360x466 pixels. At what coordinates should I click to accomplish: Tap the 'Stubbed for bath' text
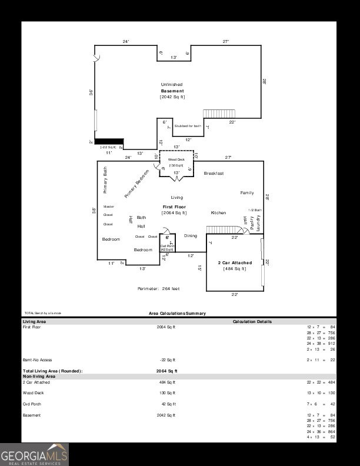click(x=188, y=126)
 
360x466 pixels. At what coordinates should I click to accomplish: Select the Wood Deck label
click(x=176, y=159)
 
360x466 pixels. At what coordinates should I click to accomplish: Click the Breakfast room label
click(x=214, y=174)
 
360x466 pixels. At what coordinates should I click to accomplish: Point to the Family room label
click(x=247, y=193)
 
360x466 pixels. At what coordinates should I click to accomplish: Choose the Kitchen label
click(x=218, y=213)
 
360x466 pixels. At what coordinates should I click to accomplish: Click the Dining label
click(x=191, y=235)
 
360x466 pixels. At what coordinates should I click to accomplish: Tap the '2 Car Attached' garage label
click(x=235, y=263)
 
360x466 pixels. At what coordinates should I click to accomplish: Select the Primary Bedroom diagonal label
click(x=136, y=184)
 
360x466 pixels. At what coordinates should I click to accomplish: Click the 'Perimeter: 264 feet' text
click(x=158, y=289)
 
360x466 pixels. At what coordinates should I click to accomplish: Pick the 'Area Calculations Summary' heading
click(x=177, y=314)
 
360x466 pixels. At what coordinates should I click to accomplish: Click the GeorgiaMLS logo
click(x=34, y=454)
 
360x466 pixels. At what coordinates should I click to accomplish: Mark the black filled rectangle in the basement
click(x=111, y=141)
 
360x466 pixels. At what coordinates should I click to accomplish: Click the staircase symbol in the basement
click(x=219, y=113)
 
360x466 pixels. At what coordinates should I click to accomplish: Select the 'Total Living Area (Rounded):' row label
click(x=52, y=371)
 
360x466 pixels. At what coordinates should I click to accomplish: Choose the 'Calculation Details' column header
click(x=252, y=322)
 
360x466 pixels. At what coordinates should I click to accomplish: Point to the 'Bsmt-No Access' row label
click(x=37, y=360)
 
